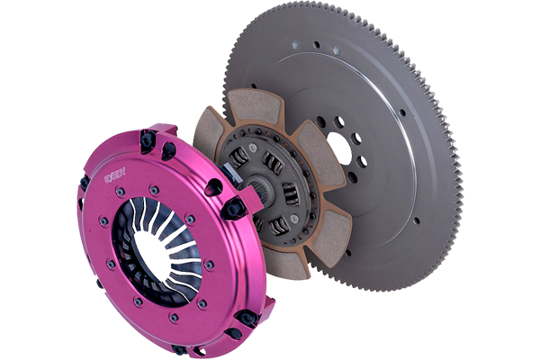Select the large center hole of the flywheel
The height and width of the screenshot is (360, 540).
pos(339,147)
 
